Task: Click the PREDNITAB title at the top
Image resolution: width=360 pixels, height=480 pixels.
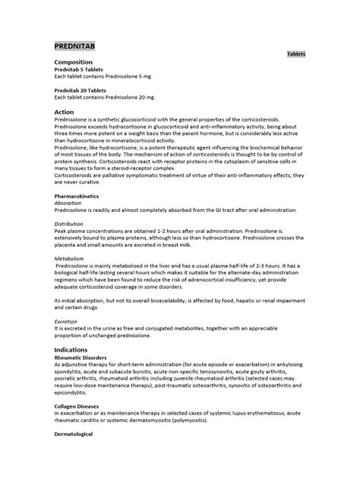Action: click(79, 46)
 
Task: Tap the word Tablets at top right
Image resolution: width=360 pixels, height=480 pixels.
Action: click(297, 55)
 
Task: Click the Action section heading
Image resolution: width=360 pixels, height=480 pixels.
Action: click(65, 112)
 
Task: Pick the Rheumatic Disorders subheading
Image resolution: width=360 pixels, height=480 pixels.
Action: click(84, 357)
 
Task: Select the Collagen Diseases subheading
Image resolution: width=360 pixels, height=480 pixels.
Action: click(81, 406)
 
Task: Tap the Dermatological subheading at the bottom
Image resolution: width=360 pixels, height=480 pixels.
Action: click(78, 434)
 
